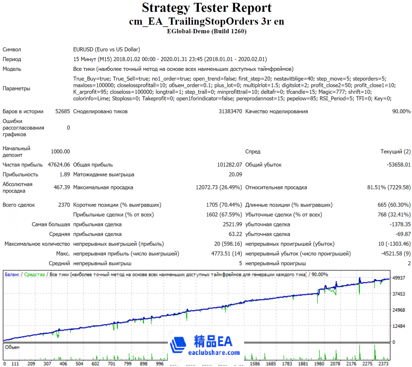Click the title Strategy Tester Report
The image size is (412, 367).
tap(206, 8)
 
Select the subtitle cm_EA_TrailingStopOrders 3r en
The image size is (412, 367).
tap(206, 21)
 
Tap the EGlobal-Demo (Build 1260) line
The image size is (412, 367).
tap(206, 31)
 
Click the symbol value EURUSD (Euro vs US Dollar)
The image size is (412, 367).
tap(106, 50)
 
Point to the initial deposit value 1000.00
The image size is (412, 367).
tap(60, 152)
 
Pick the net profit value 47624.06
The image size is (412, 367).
tap(59, 165)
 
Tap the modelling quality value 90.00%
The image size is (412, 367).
tap(400, 112)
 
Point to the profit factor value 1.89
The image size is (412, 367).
tap(65, 175)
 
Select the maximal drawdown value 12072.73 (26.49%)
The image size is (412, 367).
tap(219, 188)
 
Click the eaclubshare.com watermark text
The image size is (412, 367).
tap(214, 353)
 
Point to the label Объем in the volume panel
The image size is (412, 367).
tap(12, 347)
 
